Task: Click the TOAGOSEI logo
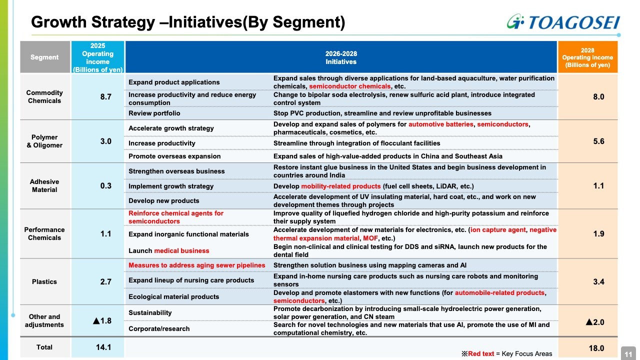562,22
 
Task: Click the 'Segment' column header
44,57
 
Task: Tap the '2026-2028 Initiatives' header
341,57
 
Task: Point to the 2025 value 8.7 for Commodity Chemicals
105,96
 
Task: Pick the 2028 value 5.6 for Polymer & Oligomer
598,141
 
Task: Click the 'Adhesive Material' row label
44,185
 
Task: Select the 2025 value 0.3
105,185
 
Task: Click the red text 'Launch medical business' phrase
168,250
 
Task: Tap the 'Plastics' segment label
44,281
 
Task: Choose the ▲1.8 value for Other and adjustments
102,320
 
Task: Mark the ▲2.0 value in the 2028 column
595,322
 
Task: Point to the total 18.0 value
598,348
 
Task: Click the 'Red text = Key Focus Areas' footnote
506,353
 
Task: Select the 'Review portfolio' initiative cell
154,113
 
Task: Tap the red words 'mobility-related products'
340,186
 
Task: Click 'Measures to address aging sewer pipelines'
196,265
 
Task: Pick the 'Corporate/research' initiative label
159,328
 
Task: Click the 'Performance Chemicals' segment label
44,233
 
